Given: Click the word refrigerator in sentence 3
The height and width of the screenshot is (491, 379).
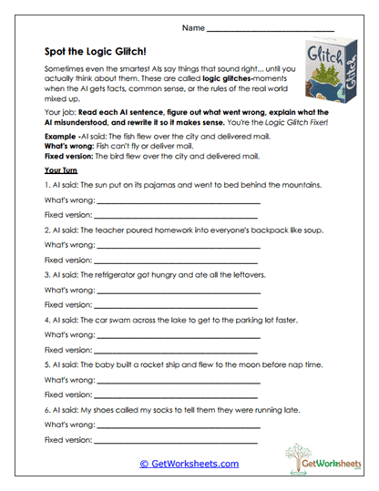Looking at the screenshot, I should (128, 274).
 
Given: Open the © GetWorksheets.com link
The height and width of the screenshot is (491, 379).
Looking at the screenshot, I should (189, 464).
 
